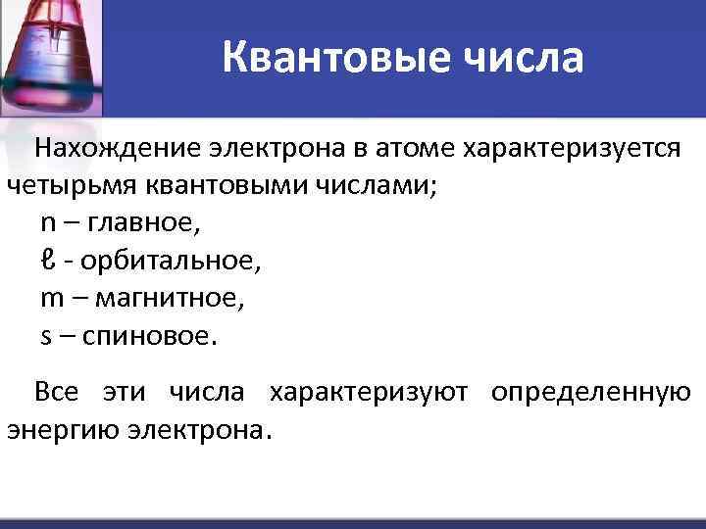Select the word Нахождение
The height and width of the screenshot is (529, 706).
117,149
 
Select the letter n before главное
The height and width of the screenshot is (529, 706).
48,223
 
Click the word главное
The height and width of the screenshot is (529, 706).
143,223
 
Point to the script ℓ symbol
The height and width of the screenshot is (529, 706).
47,261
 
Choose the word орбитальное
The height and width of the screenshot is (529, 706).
171,262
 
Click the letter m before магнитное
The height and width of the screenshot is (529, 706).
51,298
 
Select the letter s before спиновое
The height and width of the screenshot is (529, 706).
46,336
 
